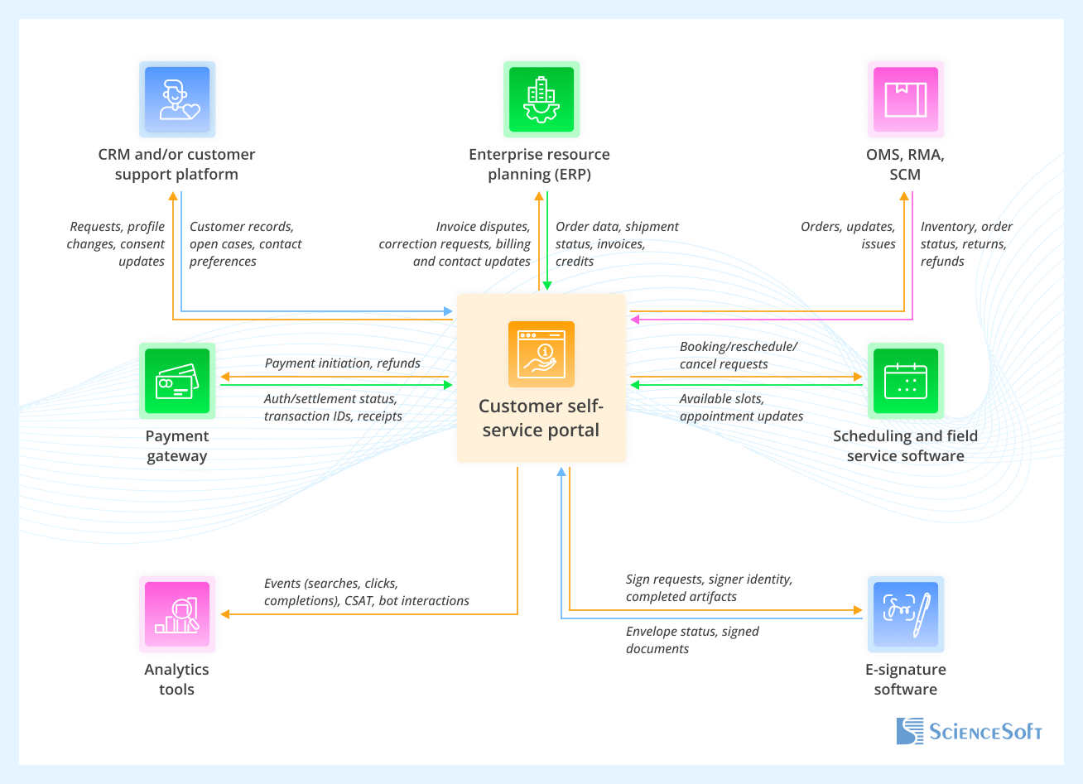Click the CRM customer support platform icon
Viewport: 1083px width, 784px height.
177,99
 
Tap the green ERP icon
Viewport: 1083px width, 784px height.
541,99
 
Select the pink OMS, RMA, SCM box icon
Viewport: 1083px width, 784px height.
905,99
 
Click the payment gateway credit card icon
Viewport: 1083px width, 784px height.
177,381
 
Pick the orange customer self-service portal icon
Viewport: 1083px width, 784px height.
541,354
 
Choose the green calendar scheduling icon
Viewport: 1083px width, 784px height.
905,381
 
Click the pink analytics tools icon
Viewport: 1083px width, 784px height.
177,614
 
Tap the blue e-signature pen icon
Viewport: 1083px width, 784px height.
905,614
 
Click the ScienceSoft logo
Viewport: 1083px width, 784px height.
969,731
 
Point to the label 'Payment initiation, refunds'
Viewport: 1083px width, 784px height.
342,363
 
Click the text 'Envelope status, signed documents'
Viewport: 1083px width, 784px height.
692,640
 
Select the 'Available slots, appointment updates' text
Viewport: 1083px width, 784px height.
741,407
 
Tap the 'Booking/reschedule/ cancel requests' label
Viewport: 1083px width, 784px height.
738,355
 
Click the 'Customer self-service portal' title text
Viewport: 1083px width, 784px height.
541,418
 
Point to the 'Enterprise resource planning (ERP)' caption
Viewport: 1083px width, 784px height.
539,164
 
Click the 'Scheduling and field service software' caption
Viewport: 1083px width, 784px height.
905,446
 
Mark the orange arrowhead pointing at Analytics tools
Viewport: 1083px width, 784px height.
225,614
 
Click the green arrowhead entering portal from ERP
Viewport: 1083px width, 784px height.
546,286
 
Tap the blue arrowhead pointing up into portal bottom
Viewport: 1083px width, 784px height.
561,472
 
